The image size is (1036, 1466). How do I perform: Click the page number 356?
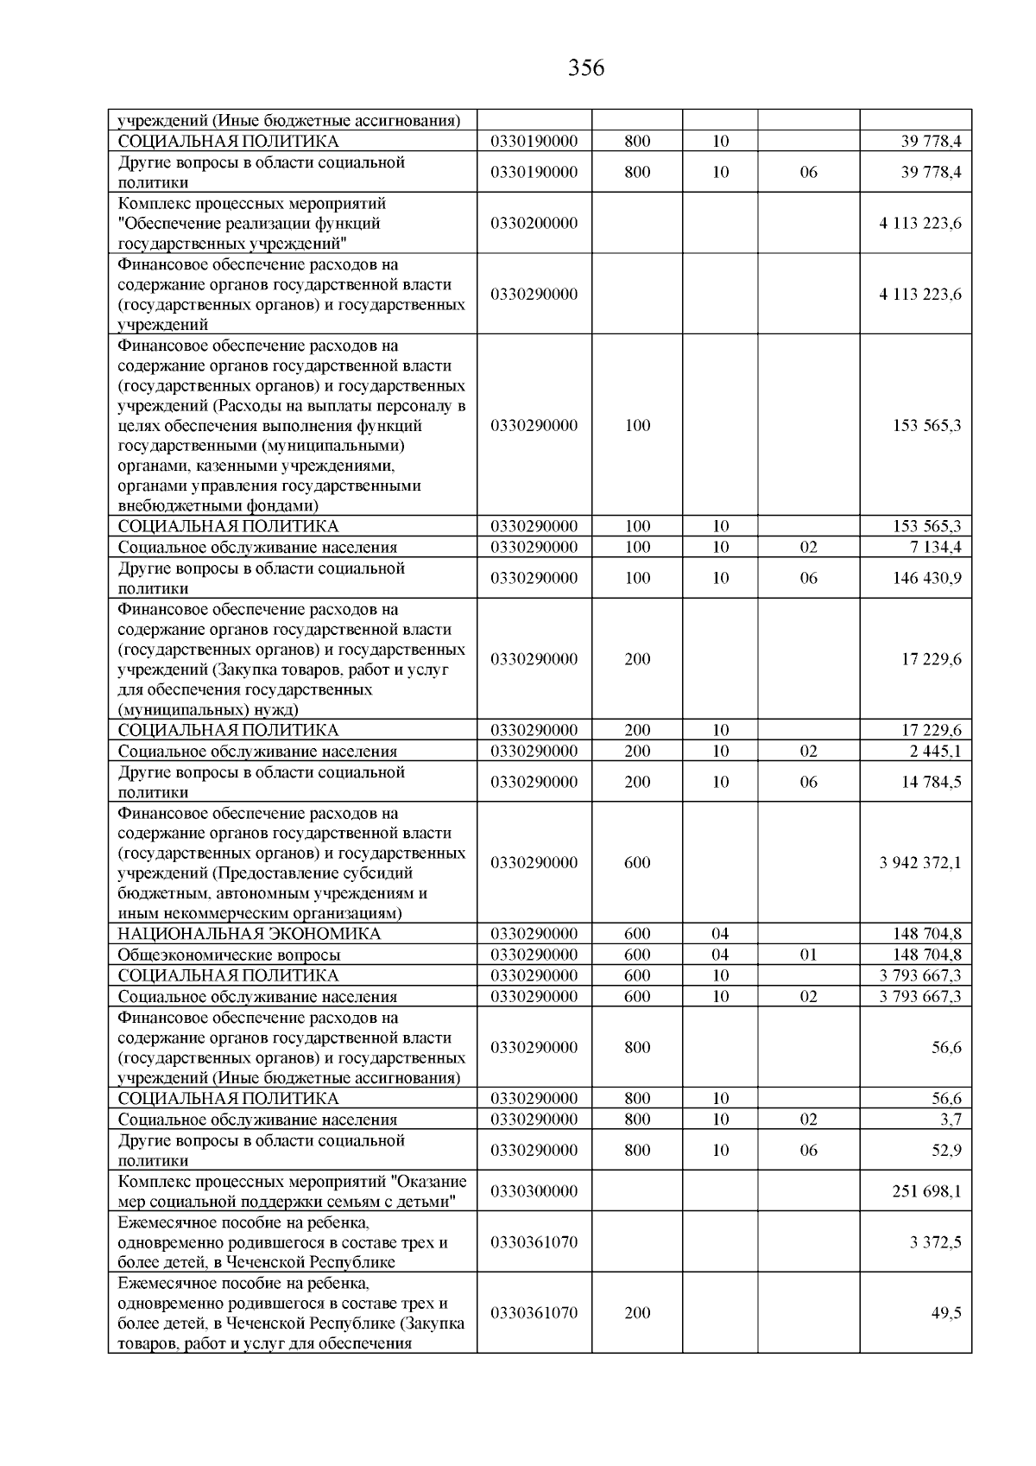586,68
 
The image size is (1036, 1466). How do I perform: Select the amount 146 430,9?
926,578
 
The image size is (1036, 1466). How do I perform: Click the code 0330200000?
534,223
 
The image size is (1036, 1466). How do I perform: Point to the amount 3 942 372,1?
919,862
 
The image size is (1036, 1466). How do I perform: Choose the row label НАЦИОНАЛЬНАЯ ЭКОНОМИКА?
249,934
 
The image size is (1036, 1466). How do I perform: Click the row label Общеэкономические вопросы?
229,955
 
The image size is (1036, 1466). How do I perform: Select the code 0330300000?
534,1191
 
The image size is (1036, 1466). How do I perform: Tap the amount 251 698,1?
926,1191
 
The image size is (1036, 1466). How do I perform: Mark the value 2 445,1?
935,751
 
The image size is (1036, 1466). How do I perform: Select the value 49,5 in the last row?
946,1313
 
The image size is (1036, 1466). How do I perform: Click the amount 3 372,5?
935,1242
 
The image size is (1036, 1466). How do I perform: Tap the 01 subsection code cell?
808,955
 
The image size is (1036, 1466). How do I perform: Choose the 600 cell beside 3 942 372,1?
637,862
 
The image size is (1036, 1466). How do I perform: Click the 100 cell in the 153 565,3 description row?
637,425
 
